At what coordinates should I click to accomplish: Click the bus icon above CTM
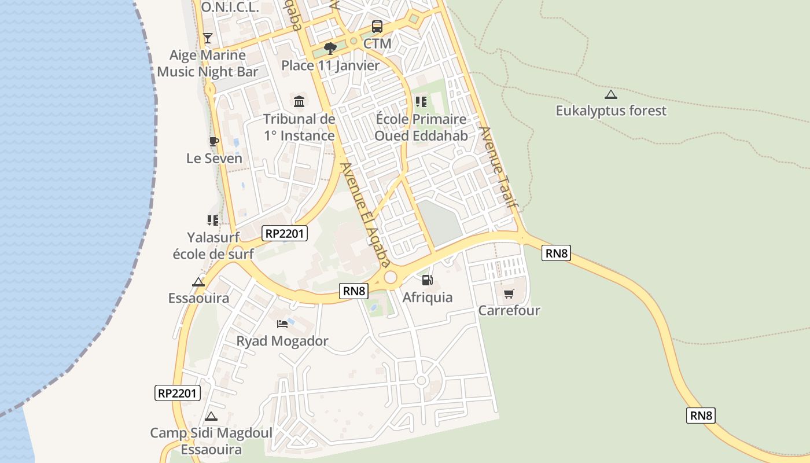(x=377, y=26)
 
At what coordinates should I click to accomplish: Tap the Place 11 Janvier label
(x=330, y=65)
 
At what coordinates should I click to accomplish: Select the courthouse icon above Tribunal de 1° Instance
(x=299, y=102)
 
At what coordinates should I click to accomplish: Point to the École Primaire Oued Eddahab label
(x=421, y=127)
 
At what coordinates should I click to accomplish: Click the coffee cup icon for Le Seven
(x=213, y=141)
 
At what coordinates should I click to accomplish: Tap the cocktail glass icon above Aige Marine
(x=208, y=38)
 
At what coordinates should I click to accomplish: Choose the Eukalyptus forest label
(x=611, y=111)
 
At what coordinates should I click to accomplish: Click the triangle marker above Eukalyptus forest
(x=610, y=94)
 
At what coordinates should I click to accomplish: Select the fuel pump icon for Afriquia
(x=427, y=280)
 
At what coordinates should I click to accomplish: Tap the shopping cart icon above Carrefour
(x=509, y=294)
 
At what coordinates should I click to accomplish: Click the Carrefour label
(x=509, y=310)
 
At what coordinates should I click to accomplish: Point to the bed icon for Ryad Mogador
(x=282, y=324)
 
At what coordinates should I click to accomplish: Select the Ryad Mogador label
(x=282, y=341)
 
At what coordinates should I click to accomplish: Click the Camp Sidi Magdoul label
(x=211, y=440)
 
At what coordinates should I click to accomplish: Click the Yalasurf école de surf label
(x=213, y=245)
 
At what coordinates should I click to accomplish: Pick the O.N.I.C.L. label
(x=230, y=8)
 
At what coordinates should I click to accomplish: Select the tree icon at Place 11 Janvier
(x=330, y=48)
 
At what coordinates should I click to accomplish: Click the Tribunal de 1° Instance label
(x=299, y=127)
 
